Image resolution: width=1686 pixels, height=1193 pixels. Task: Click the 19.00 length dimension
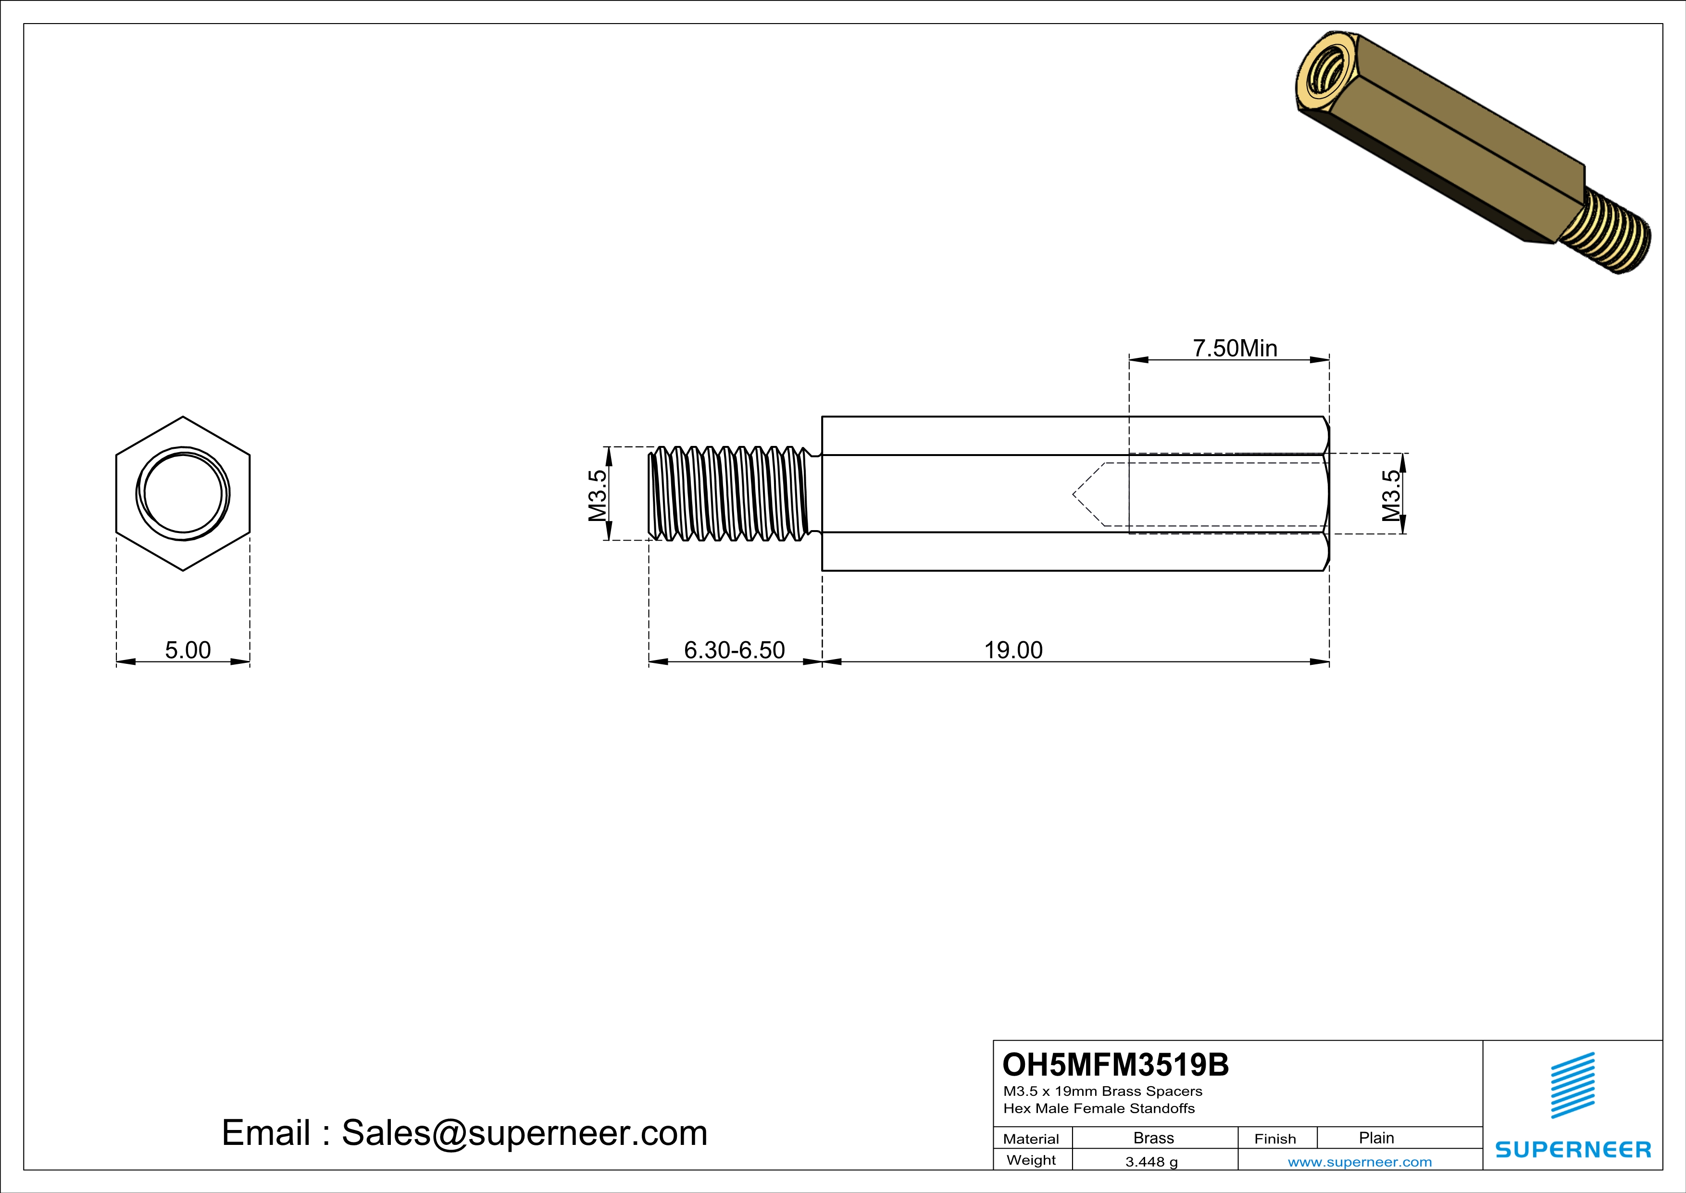(x=1013, y=650)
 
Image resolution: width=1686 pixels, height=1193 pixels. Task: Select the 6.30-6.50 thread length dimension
(x=734, y=650)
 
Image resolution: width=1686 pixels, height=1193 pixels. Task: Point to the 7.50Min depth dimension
(x=1235, y=348)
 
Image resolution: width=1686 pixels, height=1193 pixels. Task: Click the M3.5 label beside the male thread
(x=598, y=495)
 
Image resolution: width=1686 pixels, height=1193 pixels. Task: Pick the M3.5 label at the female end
(x=1391, y=495)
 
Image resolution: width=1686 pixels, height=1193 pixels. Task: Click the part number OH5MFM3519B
(x=1115, y=1065)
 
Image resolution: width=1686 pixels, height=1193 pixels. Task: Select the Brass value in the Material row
(x=1154, y=1138)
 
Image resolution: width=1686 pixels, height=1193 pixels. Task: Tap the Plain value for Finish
(x=1376, y=1138)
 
